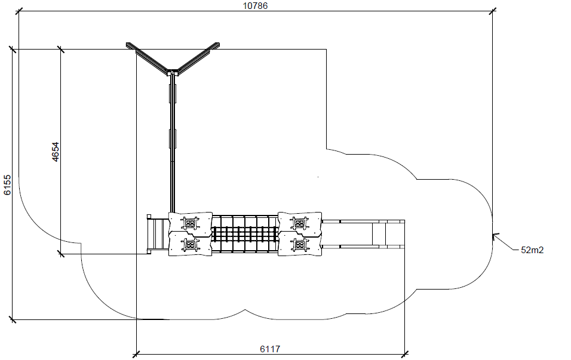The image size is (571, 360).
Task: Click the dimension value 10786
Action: (x=255, y=5)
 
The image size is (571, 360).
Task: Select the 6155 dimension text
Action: (x=8, y=185)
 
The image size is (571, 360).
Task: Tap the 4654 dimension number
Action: (x=55, y=152)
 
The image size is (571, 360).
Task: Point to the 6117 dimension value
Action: (x=270, y=349)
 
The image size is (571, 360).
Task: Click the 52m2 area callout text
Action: (x=532, y=250)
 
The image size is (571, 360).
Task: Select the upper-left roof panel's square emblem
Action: (x=190, y=223)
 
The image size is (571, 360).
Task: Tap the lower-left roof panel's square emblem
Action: (x=190, y=244)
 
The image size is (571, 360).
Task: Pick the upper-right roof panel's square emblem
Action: (x=300, y=223)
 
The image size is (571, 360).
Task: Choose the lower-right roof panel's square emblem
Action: (x=300, y=244)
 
